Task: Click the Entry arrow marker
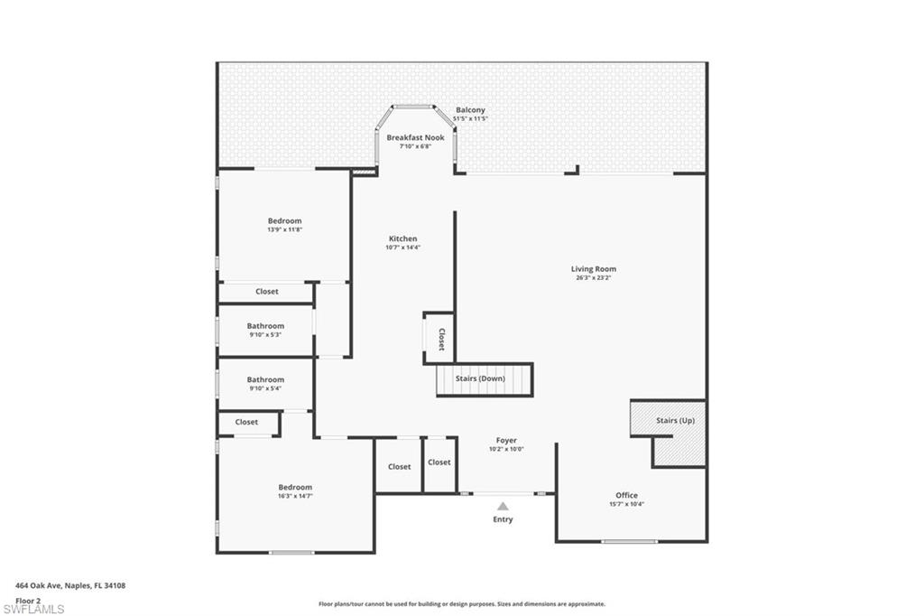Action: tap(503, 507)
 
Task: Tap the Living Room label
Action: tap(593, 268)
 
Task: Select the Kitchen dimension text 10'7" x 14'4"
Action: tap(402, 247)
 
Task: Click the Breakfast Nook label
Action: tap(415, 137)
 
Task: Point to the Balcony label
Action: tap(470, 110)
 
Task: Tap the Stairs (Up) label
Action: tap(675, 420)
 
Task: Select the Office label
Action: tap(626, 495)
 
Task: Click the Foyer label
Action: tap(506, 441)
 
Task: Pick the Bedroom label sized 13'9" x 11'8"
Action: tap(284, 220)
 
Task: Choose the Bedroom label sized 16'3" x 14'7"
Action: tap(295, 487)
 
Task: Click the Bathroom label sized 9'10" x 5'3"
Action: tap(265, 326)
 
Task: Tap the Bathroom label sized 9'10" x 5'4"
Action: tap(265, 379)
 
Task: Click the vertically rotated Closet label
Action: tap(441, 339)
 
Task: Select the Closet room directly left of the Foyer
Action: tap(439, 462)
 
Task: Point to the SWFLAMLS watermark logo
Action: tap(33, 609)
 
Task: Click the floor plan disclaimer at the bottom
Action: tap(462, 604)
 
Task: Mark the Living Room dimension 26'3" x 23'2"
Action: tap(593, 277)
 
